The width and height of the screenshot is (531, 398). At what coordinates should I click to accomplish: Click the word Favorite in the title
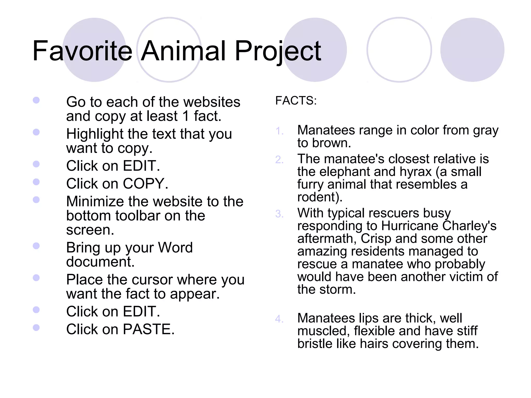pyautogui.click(x=82, y=51)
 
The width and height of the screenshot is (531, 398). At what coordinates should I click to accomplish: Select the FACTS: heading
pyautogui.click(x=296, y=101)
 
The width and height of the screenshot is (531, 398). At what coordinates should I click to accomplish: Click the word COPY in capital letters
pyautogui.click(x=143, y=184)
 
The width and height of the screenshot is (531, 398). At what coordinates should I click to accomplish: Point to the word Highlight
pyautogui.click(x=95, y=134)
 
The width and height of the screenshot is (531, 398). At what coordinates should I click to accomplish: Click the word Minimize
pyautogui.click(x=95, y=202)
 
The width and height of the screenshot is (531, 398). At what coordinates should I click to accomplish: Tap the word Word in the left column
pyautogui.click(x=175, y=247)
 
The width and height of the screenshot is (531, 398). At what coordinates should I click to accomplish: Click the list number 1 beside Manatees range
pyautogui.click(x=279, y=131)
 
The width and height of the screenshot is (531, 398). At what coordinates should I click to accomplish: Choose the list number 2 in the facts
pyautogui.click(x=279, y=160)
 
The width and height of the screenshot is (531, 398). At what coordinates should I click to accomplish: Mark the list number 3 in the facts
pyautogui.click(x=279, y=214)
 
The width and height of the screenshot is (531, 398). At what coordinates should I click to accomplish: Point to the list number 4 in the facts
pyautogui.click(x=279, y=319)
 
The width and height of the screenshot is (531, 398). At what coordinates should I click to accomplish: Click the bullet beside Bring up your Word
pyautogui.click(x=36, y=246)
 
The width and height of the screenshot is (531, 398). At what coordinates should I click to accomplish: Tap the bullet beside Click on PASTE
pyautogui.click(x=36, y=328)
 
